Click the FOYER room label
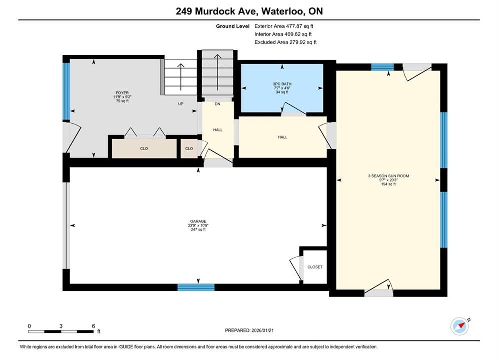pyautogui.click(x=122, y=93)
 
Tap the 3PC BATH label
pyautogui.click(x=282, y=84)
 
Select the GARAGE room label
pyautogui.click(x=198, y=221)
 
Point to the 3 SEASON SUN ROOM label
pyautogui.click(x=388, y=176)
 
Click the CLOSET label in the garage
pyautogui.click(x=315, y=267)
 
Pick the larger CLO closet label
pyautogui.click(x=144, y=149)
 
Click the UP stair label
pyautogui.click(x=180, y=104)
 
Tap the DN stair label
pyautogui.click(x=217, y=104)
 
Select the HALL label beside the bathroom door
pyautogui.click(x=282, y=137)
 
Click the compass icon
pyautogui.click(x=460, y=326)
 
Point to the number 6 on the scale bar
pyautogui.click(x=93, y=326)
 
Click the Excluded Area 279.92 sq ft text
pyautogui.click(x=285, y=42)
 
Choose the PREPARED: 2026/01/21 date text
pyautogui.click(x=249, y=330)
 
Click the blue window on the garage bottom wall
pyautogui.click(x=196, y=287)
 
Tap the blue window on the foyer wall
pyautogui.click(x=66, y=92)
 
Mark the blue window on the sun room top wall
pyautogui.click(x=383, y=67)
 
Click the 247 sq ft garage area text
pyautogui.click(x=198, y=229)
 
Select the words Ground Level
pyautogui.click(x=233, y=26)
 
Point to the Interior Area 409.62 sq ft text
pyautogui.click(x=283, y=34)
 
